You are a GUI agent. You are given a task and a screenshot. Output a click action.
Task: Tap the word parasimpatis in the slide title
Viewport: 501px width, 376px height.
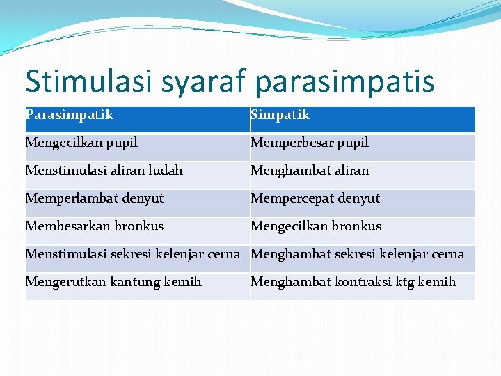[345, 80]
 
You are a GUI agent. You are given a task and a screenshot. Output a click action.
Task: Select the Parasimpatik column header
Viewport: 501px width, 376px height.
[70, 115]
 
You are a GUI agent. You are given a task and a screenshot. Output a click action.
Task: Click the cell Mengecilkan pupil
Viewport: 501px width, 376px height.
[81, 143]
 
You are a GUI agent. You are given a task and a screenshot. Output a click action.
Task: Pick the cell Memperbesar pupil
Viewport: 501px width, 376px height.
[310, 143]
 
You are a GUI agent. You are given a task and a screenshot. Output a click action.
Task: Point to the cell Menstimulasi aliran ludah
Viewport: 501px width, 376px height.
[104, 171]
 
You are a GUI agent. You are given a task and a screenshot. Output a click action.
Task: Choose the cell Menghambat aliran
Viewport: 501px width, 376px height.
[310, 171]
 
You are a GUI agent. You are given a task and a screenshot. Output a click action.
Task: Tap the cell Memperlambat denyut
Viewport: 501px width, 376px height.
[94, 198]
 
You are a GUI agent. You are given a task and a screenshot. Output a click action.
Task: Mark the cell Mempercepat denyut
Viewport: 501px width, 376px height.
[315, 198]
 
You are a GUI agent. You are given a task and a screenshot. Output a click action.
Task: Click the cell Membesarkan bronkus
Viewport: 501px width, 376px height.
[94, 226]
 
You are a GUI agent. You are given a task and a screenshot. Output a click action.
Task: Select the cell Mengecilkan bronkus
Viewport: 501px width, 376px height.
[316, 226]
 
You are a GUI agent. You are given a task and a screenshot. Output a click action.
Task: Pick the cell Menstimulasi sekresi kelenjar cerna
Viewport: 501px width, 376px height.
[132, 254]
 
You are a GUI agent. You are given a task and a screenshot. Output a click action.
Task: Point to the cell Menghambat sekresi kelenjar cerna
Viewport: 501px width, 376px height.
[357, 254]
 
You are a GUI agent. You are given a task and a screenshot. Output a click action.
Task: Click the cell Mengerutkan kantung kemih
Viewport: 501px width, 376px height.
[113, 282]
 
